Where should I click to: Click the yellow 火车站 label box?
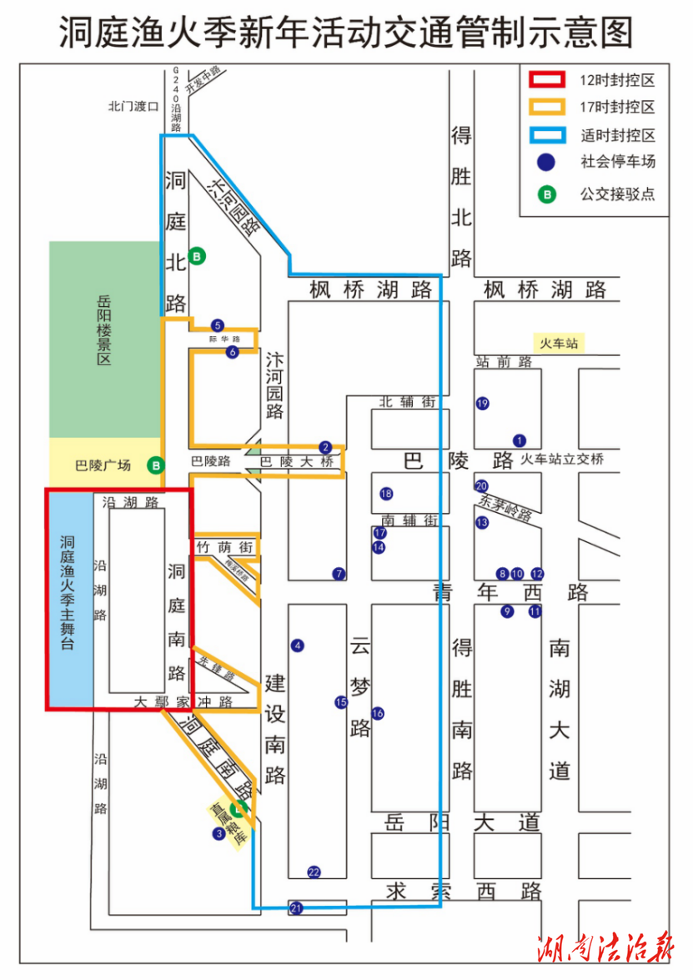(x=558, y=343)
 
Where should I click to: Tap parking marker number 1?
(x=520, y=440)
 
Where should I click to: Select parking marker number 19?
(x=482, y=404)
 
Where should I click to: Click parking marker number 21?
(x=296, y=907)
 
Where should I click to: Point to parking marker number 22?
(x=314, y=872)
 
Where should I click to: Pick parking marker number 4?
(x=297, y=645)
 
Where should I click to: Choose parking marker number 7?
(x=339, y=574)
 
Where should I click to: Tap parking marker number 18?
(x=385, y=494)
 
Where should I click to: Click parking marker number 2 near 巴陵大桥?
(x=325, y=447)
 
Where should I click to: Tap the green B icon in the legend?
(x=547, y=195)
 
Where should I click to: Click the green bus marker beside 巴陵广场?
(x=155, y=465)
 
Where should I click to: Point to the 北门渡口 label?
(x=133, y=107)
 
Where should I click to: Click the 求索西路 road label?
(x=464, y=892)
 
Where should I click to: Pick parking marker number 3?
(x=218, y=833)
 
